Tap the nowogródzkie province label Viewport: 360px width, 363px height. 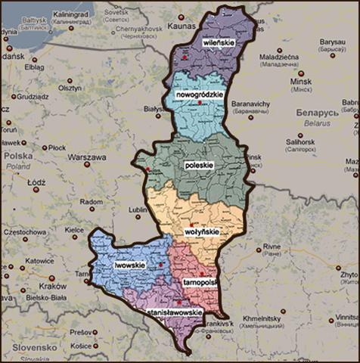pyautogui.click(x=198, y=95)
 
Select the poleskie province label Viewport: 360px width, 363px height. pyautogui.click(x=200, y=163)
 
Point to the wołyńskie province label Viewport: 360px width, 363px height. pyautogui.click(x=200, y=233)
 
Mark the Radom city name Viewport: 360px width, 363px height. pyautogui.click(x=91, y=202)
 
